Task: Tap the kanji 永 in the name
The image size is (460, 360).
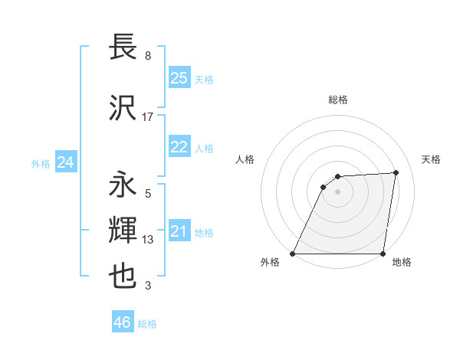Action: pos(123,185)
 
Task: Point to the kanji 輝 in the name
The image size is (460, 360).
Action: pos(123,230)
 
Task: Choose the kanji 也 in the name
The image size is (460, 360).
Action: pos(123,275)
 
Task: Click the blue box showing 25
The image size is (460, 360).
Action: pos(179,77)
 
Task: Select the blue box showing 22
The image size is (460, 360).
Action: pos(179,147)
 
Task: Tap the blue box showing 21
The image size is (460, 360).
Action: pos(179,232)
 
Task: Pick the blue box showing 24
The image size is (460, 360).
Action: pos(65,162)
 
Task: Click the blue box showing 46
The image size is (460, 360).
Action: pos(123,322)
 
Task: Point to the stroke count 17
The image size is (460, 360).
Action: pos(148,116)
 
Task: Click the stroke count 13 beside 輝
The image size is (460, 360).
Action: pos(148,240)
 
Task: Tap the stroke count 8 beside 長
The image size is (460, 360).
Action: pos(148,55)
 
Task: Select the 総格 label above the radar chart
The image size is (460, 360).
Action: pos(337,100)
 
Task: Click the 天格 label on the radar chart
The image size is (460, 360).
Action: pos(431,159)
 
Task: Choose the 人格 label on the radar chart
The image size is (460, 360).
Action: pos(245,159)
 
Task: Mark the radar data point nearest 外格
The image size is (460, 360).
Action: pos(293,254)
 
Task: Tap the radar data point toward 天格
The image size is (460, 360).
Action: pos(396,172)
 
